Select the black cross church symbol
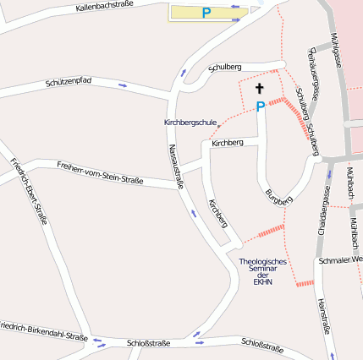pyautogui.click(x=260, y=88)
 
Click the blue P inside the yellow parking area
pyautogui.click(x=206, y=13)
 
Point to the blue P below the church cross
pyautogui.click(x=261, y=106)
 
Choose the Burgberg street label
pyautogui.click(x=278, y=198)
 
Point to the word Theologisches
pyautogui.click(x=263, y=261)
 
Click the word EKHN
pyautogui.click(x=262, y=281)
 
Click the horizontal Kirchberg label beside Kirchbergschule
pyautogui.click(x=228, y=143)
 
